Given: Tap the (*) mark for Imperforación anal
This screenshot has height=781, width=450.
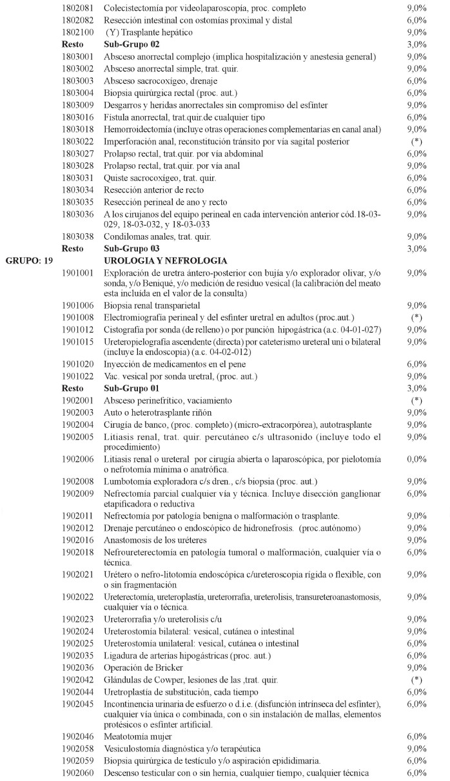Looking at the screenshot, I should point(417,141).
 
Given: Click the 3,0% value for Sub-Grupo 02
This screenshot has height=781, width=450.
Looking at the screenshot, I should point(417,44).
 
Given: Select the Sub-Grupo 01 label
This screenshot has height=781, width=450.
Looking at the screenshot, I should point(127,389).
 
